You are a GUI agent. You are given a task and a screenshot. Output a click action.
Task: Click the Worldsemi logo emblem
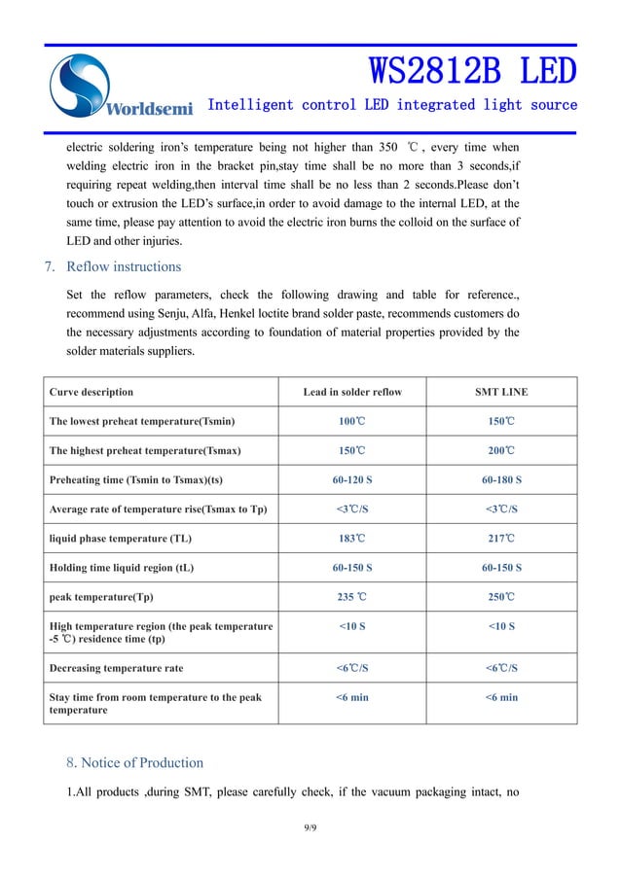(x=83, y=84)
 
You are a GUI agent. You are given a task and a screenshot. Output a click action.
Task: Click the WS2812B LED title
(x=472, y=70)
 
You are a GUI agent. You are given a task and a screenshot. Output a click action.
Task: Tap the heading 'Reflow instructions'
(x=123, y=266)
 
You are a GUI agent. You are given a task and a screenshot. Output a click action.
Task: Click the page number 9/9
(x=310, y=827)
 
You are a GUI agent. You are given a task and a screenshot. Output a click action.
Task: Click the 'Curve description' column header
(x=91, y=392)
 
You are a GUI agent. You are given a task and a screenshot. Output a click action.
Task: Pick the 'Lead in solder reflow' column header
(x=352, y=392)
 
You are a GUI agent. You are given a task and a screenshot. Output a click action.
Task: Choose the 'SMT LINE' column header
(x=501, y=392)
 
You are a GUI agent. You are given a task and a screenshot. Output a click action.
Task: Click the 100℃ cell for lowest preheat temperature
(x=352, y=421)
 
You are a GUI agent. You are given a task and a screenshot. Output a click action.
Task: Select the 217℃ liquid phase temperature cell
(x=501, y=538)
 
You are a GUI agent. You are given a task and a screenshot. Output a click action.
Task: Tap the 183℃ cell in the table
(x=352, y=538)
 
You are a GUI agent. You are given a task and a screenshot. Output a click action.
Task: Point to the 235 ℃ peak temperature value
(x=352, y=596)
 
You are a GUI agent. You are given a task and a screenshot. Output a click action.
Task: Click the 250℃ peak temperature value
(x=501, y=596)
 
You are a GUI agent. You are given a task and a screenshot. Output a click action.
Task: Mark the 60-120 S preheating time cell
(x=352, y=479)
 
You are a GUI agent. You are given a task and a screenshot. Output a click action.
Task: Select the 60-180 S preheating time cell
(x=501, y=479)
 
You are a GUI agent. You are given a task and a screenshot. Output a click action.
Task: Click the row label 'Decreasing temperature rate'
(x=116, y=668)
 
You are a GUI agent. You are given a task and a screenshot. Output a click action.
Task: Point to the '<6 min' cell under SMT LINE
(x=501, y=697)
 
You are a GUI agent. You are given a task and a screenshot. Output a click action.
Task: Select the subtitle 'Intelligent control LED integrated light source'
(x=392, y=104)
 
